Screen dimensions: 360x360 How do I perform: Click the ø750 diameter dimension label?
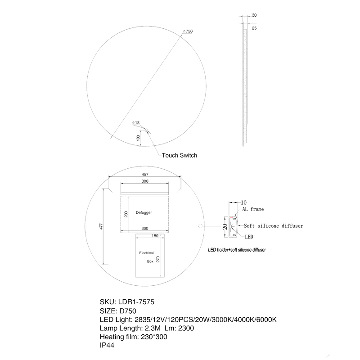point(188,31)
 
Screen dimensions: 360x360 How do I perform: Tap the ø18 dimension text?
point(136,122)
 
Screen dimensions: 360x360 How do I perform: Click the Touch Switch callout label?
point(179,155)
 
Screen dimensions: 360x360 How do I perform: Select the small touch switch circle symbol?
point(145,131)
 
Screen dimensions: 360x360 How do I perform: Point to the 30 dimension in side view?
point(254,15)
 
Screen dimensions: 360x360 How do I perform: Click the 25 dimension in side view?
point(254,28)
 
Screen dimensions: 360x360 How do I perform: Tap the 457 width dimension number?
point(145,174)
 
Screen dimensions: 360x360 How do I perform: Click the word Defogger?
point(144,212)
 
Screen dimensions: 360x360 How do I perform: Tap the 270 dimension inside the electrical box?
point(158,261)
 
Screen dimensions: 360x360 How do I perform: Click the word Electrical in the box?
point(147,253)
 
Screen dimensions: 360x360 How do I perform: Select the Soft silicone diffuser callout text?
point(273,226)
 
